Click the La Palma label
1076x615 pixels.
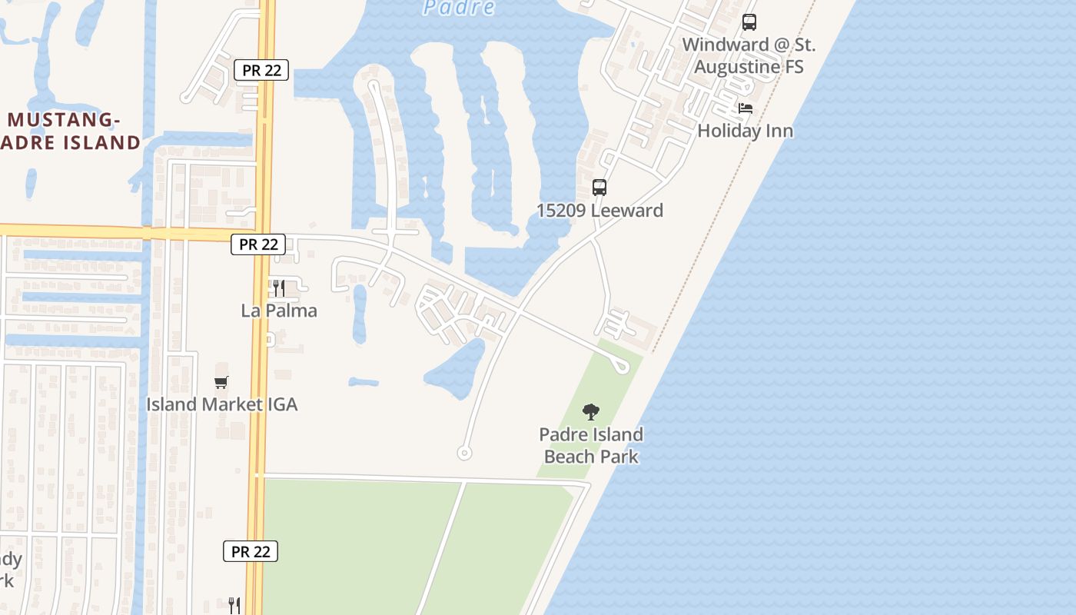(x=279, y=311)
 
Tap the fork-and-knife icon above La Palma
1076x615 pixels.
(x=279, y=288)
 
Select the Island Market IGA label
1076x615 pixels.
(x=221, y=404)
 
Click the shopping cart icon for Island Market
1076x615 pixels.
(x=221, y=382)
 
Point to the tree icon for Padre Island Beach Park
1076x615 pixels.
(x=590, y=412)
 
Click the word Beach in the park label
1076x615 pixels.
(x=569, y=457)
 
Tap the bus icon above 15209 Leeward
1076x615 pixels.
(x=599, y=188)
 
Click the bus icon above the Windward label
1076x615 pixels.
(x=749, y=23)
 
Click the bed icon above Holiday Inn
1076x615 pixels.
(x=746, y=108)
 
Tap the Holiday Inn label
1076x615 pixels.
(x=745, y=131)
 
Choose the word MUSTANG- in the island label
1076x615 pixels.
(x=65, y=120)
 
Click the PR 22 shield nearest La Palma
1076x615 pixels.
(x=258, y=244)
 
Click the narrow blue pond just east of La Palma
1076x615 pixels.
(x=359, y=314)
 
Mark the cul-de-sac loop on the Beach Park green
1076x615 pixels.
(x=621, y=366)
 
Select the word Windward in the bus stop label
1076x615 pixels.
(x=726, y=45)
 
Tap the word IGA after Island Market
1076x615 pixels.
(x=281, y=404)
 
